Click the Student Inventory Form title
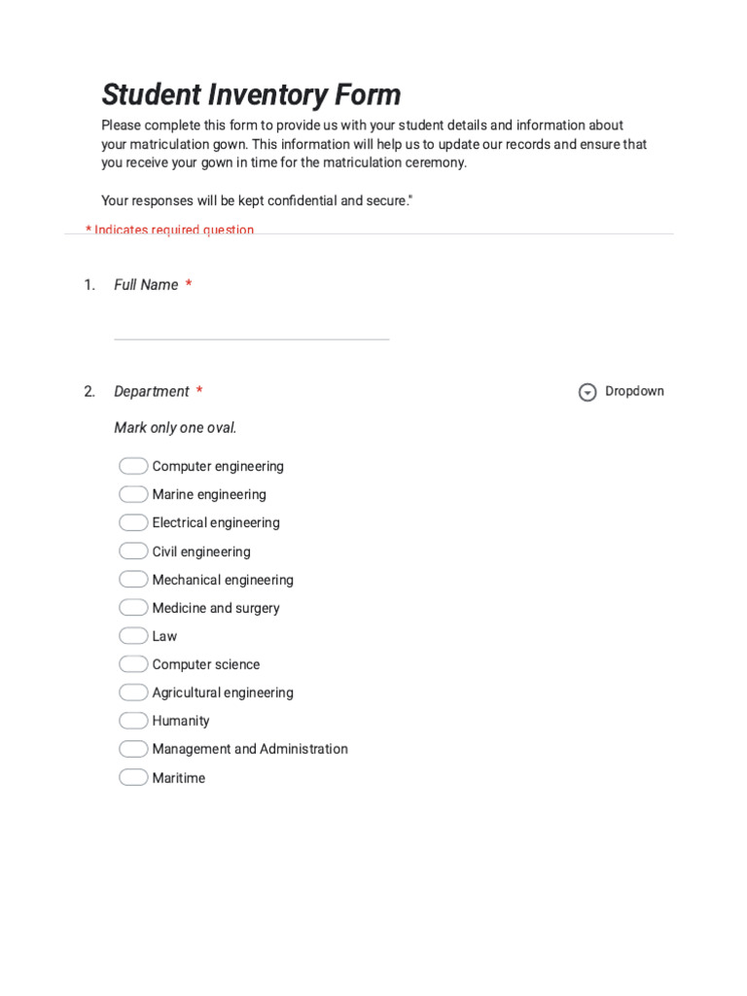tap(251, 95)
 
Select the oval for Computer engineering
tap(133, 466)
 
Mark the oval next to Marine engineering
tap(133, 494)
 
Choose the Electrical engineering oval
tap(133, 522)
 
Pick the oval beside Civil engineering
tap(133, 551)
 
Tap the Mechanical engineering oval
tap(133, 580)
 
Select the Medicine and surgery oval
tap(133, 608)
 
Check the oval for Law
tap(133, 636)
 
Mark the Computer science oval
tap(133, 664)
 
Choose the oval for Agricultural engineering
tap(133, 693)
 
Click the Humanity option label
tap(181, 721)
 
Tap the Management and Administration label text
tap(250, 749)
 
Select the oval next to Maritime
tap(133, 778)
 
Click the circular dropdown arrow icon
tap(587, 392)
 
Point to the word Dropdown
tap(634, 391)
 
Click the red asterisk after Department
tap(199, 391)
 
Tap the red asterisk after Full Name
tap(189, 284)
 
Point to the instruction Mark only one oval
tap(175, 428)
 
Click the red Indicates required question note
tap(170, 230)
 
